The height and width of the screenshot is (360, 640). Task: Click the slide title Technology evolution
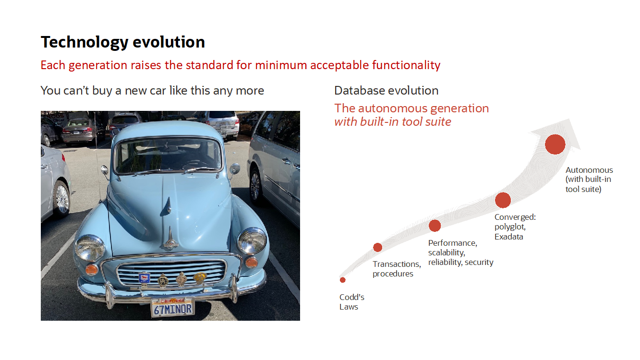pyautogui.click(x=123, y=42)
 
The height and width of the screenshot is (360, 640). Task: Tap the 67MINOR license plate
pyautogui.click(x=172, y=307)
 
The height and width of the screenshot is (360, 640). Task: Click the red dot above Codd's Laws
pyautogui.click(x=343, y=280)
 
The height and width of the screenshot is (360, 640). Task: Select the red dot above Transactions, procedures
pyautogui.click(x=377, y=247)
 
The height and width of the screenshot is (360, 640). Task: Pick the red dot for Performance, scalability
pyautogui.click(x=435, y=226)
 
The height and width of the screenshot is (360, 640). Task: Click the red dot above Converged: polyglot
pyautogui.click(x=503, y=200)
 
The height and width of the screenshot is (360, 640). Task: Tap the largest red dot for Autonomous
pyautogui.click(x=555, y=144)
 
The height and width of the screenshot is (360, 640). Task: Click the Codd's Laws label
pyautogui.click(x=352, y=302)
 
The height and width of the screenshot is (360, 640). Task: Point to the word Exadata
pyautogui.click(x=509, y=237)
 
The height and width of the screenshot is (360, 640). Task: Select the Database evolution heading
pyautogui.click(x=386, y=91)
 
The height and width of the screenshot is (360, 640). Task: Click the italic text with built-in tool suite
pyautogui.click(x=393, y=122)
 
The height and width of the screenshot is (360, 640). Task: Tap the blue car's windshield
pyautogui.click(x=168, y=156)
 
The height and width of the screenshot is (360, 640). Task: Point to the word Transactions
pyautogui.click(x=397, y=264)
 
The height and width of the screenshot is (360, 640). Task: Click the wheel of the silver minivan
pyautogui.click(x=255, y=186)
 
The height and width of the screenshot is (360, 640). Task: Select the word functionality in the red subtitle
pyautogui.click(x=406, y=65)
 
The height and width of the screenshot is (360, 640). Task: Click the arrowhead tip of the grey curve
pyautogui.click(x=569, y=119)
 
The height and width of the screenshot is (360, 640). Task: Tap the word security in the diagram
pyautogui.click(x=479, y=262)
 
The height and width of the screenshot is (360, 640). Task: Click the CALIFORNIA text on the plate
pyautogui.click(x=172, y=301)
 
